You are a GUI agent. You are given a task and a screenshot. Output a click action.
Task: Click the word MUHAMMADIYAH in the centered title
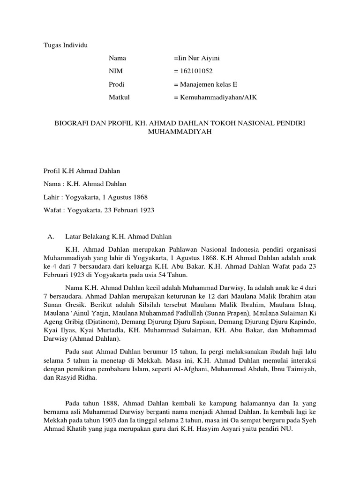tap(180, 132)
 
